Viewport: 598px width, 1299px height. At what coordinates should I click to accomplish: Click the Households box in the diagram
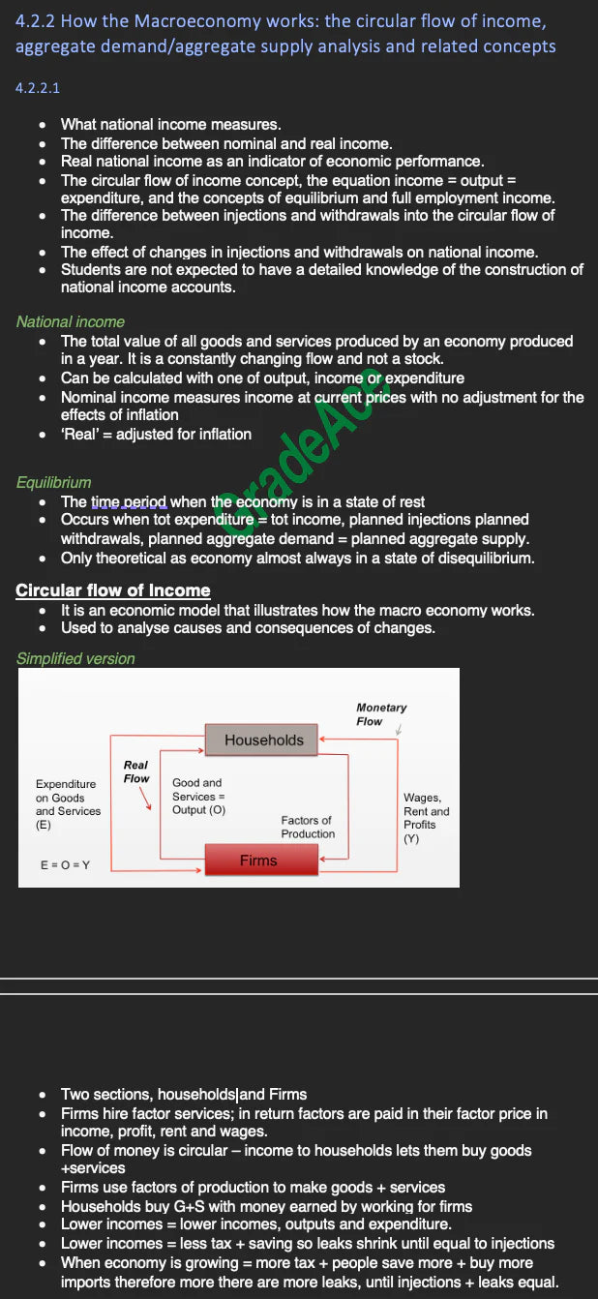pyautogui.click(x=262, y=740)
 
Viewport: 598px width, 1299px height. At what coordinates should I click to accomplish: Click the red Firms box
pyautogui.click(x=260, y=861)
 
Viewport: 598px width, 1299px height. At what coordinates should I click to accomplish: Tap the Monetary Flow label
pyautogui.click(x=381, y=714)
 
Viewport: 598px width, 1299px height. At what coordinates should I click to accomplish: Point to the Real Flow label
pyautogui.click(x=136, y=771)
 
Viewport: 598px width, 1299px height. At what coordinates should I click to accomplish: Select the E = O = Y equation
pyautogui.click(x=65, y=864)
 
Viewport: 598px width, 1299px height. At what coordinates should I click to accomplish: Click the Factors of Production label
pyautogui.click(x=308, y=827)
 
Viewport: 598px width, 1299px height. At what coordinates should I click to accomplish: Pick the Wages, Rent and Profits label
pyautogui.click(x=426, y=818)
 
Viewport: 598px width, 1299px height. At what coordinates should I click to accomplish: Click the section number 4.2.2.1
pyautogui.click(x=38, y=88)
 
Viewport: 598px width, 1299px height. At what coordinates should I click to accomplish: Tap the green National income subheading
pyautogui.click(x=70, y=321)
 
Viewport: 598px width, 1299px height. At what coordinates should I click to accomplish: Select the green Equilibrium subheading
pyautogui.click(x=53, y=482)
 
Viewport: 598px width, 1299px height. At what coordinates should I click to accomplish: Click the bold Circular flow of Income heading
pyautogui.click(x=112, y=590)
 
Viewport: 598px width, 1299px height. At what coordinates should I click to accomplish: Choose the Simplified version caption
pyautogui.click(x=75, y=658)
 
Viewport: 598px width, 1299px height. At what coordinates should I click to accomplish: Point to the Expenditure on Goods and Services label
pyautogui.click(x=68, y=804)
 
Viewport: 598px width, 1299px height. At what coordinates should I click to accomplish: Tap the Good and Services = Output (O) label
pyautogui.click(x=198, y=796)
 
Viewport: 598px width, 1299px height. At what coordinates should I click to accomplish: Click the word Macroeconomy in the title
pyautogui.click(x=177, y=20)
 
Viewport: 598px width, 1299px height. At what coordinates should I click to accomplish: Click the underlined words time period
pyautogui.click(x=129, y=501)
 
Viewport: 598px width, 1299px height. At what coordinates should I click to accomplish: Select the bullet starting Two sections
pyautogui.click(x=184, y=1095)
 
